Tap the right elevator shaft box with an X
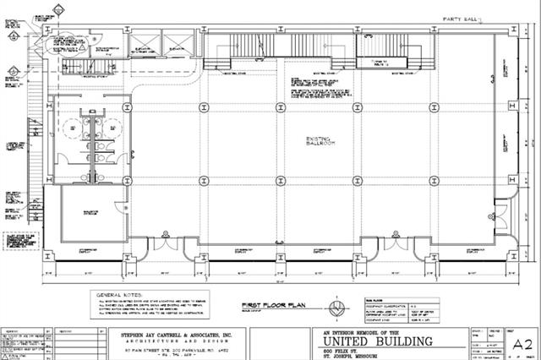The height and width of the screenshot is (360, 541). click(x=177, y=43)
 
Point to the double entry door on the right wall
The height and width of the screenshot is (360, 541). click(x=505, y=212)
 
